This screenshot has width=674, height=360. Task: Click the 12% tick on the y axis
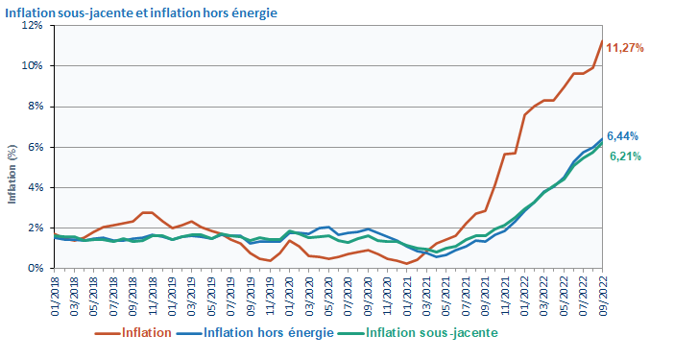[32, 26]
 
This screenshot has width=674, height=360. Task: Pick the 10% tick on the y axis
[32, 66]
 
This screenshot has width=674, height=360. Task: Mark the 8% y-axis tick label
[35, 107]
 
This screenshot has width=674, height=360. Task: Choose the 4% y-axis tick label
[35, 187]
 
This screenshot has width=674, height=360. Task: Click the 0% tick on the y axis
[35, 268]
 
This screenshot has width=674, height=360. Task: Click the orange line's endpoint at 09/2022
[602, 41]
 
